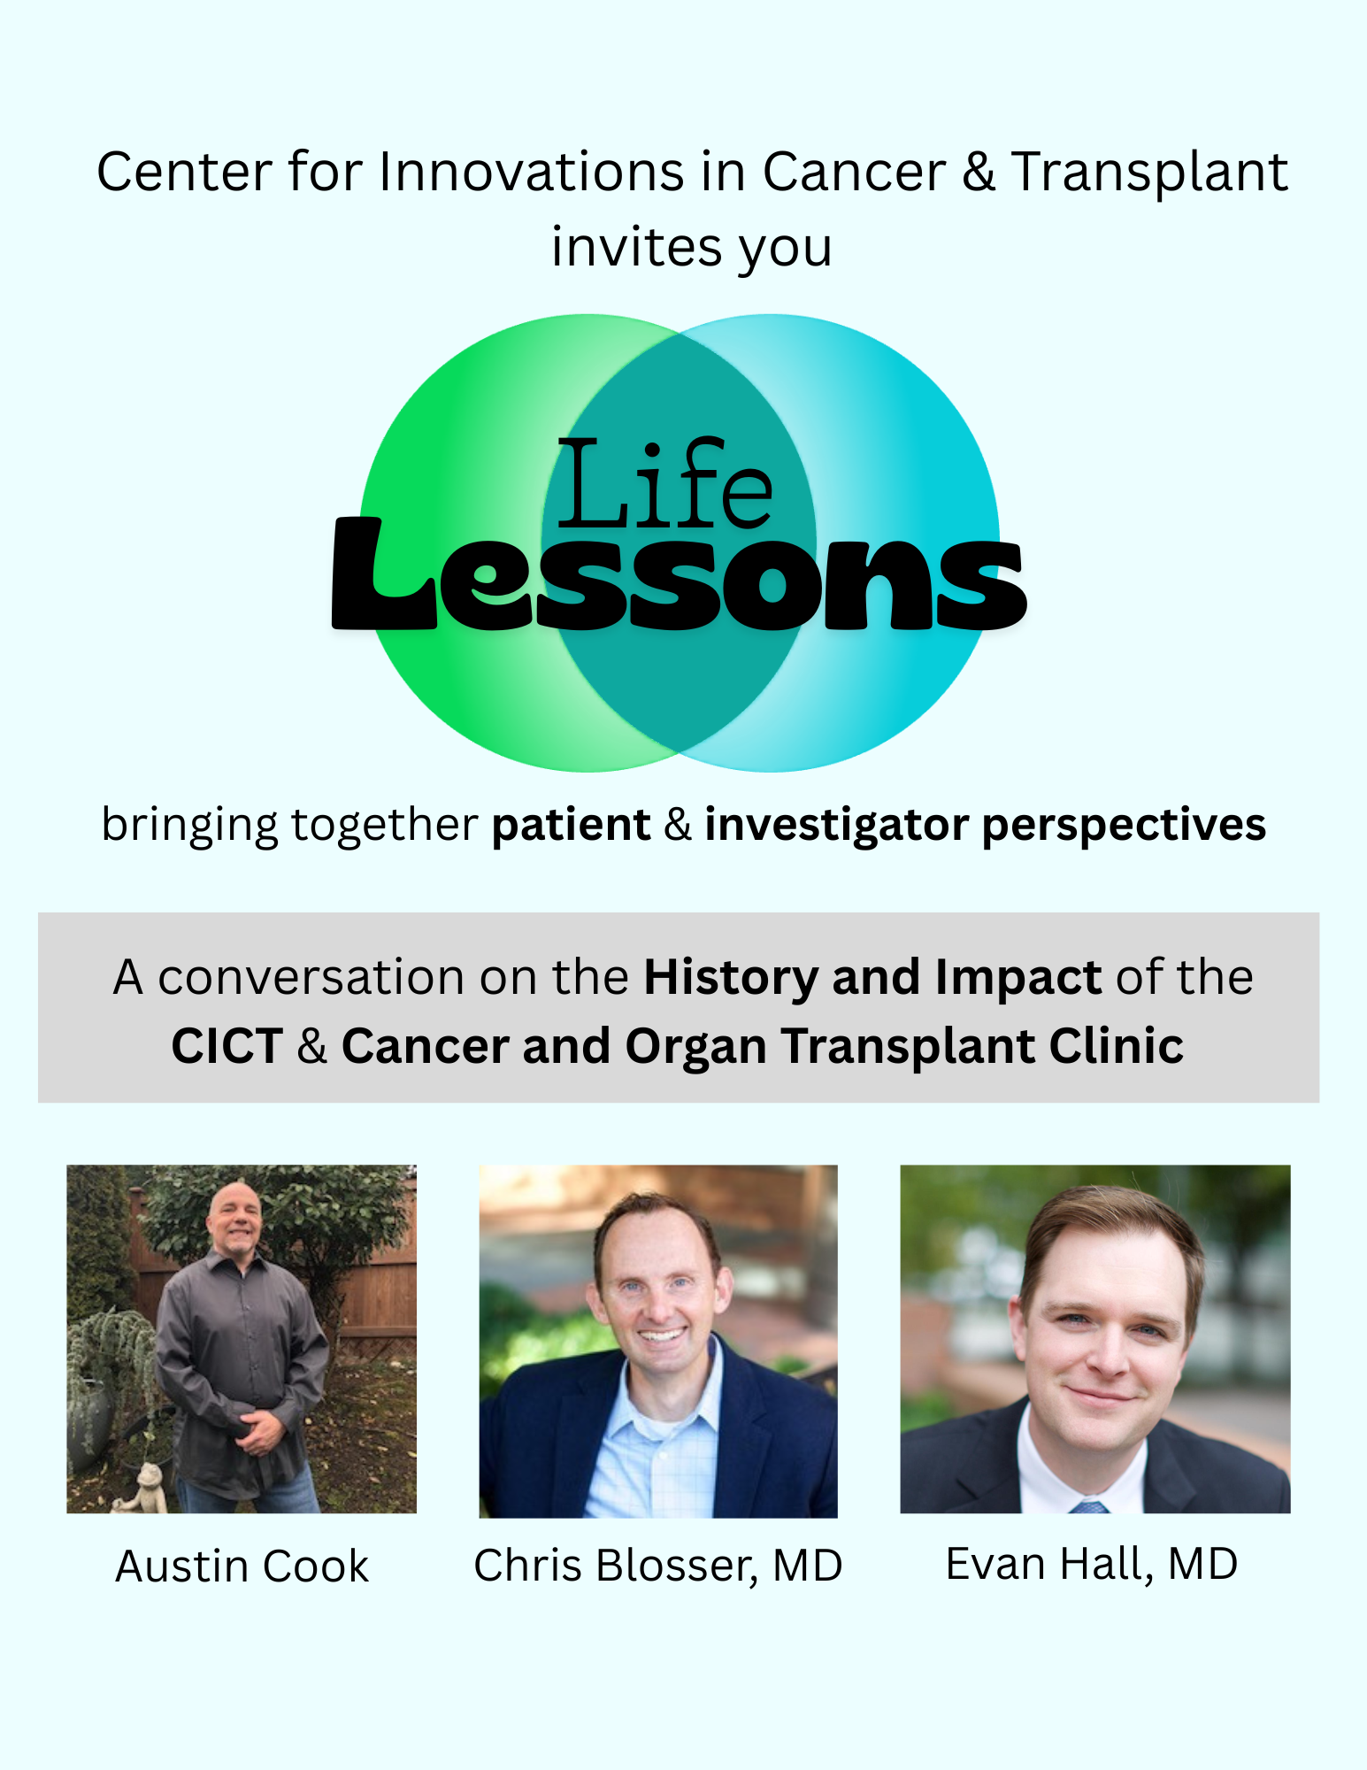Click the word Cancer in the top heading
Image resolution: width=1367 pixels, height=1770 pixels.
click(854, 171)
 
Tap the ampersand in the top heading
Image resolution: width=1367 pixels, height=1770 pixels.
click(978, 171)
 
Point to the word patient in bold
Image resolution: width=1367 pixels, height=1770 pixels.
click(572, 825)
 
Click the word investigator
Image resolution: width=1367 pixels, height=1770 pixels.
click(836, 825)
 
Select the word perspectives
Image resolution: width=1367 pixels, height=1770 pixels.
click(1124, 825)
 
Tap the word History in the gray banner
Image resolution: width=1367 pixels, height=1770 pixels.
click(731, 978)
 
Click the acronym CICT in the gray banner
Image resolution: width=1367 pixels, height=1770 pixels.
click(227, 1046)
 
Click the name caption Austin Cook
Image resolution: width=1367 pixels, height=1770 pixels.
click(242, 1566)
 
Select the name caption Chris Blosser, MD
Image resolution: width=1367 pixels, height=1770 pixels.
click(658, 1566)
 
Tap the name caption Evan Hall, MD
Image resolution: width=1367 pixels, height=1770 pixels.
click(1092, 1564)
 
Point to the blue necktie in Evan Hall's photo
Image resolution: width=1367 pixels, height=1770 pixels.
click(1089, 1506)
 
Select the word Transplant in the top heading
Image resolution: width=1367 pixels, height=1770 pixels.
click(1149, 172)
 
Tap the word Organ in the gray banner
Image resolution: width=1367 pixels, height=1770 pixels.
click(695, 1047)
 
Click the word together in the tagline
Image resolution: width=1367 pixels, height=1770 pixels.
click(384, 825)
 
